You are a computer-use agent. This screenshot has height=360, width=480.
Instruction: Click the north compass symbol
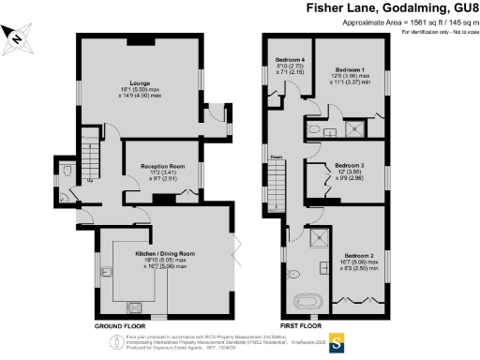[x=15, y=38]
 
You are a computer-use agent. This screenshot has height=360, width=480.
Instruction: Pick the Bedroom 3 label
[x=352, y=169]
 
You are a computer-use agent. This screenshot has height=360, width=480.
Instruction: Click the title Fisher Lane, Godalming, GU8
[x=392, y=7]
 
